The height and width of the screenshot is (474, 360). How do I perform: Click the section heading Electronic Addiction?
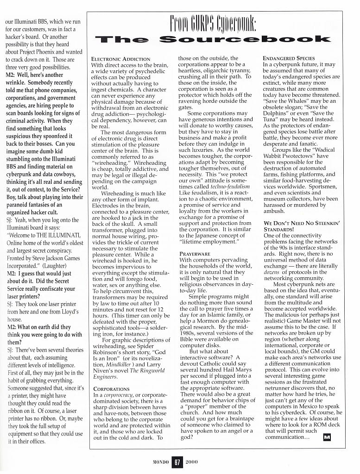[x=120, y=59]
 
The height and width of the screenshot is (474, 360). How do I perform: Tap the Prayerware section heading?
[x=195, y=254]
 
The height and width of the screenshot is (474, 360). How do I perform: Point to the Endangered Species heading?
[x=289, y=58]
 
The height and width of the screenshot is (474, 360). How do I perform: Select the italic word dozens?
[x=271, y=272]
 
